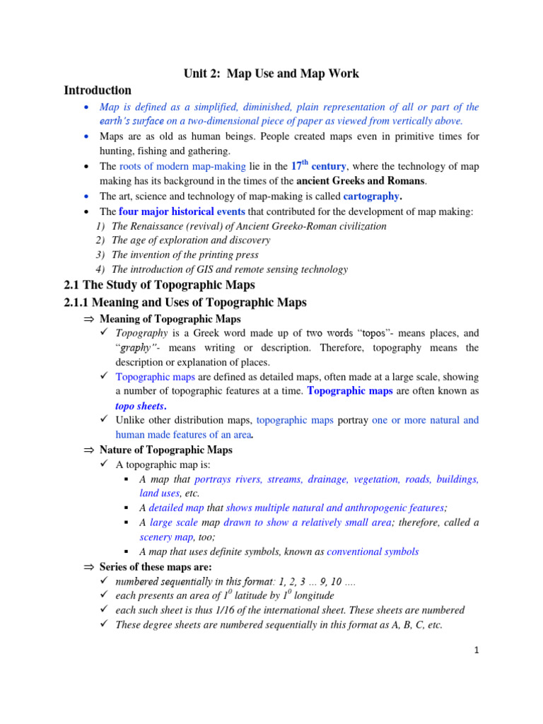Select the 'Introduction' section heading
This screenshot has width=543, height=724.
pyautogui.click(x=98, y=90)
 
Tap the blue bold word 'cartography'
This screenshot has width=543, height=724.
pyautogui.click(x=371, y=196)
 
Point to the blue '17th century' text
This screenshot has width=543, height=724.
pyautogui.click(x=318, y=166)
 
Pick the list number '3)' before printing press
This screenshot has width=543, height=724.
pyautogui.click(x=100, y=255)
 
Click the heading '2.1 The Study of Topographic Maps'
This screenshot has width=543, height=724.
pyautogui.click(x=159, y=286)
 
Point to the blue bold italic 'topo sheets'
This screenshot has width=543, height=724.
pyautogui.click(x=140, y=406)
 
